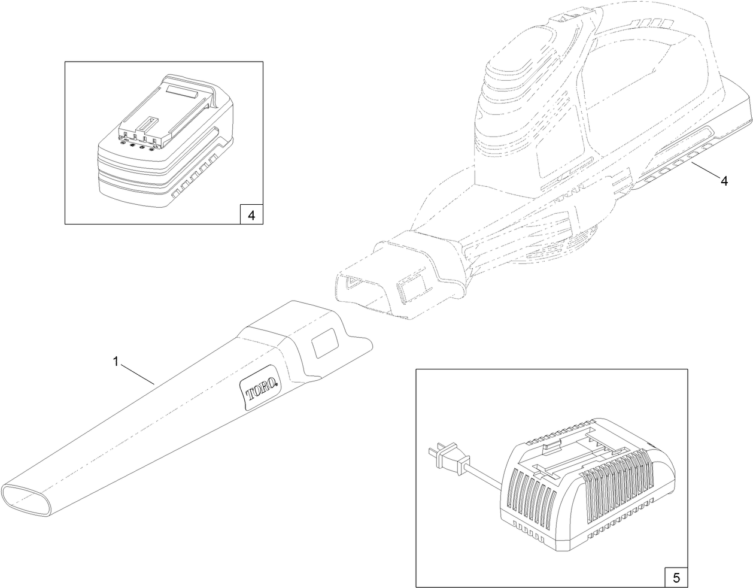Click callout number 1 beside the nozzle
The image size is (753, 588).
click(x=116, y=361)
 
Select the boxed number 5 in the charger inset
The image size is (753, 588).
click(x=676, y=578)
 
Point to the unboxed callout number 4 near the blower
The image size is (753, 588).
click(x=724, y=181)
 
